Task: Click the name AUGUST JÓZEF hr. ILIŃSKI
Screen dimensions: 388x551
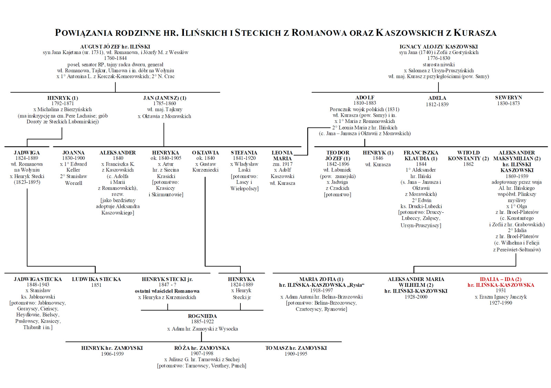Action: point(115,46)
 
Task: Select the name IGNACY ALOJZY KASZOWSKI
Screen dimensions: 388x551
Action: point(438,46)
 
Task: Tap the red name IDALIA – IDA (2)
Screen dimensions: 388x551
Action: point(500,279)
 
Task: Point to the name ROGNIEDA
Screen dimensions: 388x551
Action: point(202,316)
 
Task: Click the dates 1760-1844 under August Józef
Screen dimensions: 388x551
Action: point(115,58)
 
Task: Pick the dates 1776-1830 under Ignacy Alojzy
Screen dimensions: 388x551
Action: point(438,58)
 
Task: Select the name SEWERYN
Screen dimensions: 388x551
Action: point(508,97)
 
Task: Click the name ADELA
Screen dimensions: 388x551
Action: point(437,98)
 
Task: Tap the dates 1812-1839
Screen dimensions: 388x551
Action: point(437,104)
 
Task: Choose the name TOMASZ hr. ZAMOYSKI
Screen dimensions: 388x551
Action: point(296,348)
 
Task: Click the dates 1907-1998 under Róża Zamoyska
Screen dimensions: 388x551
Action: point(202,354)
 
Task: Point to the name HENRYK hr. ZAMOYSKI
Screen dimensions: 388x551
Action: point(112,348)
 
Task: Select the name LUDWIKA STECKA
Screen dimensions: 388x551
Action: point(96,279)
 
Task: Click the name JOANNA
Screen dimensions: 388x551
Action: point(73,153)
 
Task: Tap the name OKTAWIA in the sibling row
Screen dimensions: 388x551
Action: point(205,153)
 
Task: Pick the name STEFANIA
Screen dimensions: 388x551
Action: point(244,153)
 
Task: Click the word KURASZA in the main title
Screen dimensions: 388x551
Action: point(475,33)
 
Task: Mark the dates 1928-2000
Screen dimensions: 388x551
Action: point(416,297)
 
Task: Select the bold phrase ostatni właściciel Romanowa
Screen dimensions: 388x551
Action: point(167,291)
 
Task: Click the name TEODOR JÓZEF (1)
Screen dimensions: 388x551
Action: point(337,156)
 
